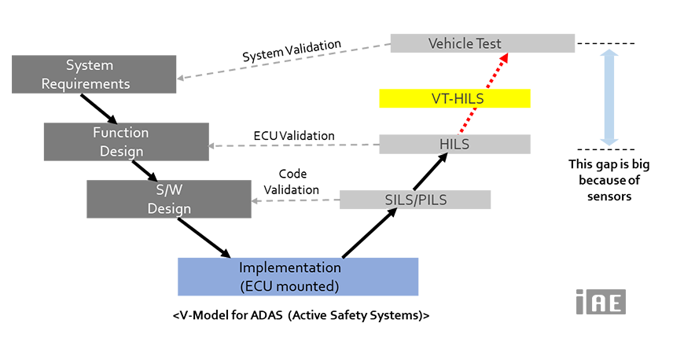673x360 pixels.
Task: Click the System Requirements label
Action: (x=98, y=74)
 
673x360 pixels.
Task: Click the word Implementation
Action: (x=289, y=268)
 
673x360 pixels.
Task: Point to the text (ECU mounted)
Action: (x=289, y=285)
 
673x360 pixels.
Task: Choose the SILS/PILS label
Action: (x=417, y=200)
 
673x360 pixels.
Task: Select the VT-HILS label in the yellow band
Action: (x=458, y=101)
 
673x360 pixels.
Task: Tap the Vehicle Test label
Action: (x=465, y=43)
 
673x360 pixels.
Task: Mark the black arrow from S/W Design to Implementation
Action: (x=204, y=234)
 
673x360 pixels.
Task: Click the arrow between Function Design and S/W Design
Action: (x=145, y=171)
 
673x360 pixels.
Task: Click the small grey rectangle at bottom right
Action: (x=601, y=302)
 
